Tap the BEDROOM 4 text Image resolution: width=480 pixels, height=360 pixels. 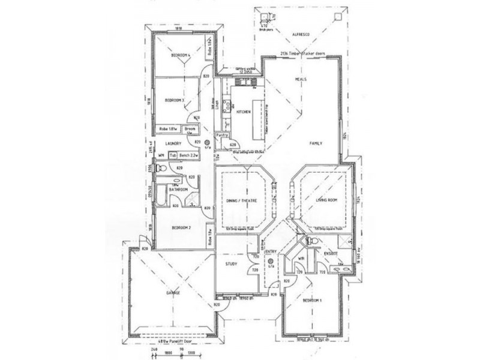pos(181,56)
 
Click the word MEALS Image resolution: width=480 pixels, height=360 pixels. pos(302,79)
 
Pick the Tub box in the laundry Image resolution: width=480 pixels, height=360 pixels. pos(173,156)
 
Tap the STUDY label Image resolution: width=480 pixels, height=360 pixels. pos(232,263)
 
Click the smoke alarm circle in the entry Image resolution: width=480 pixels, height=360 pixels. pos(271,262)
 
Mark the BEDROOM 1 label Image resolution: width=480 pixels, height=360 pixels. pos(312,300)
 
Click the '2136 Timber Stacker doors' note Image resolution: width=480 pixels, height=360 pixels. pos(300,54)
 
